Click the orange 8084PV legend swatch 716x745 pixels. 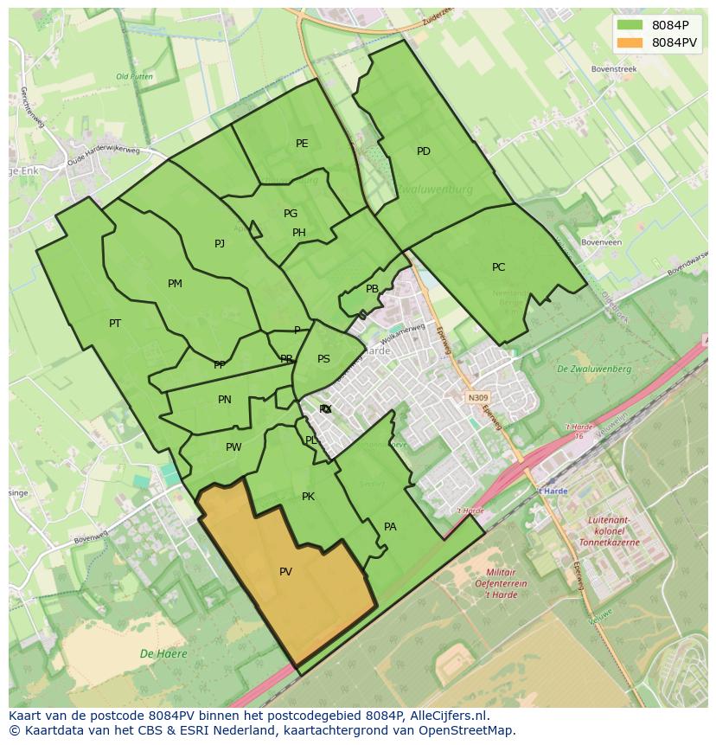click(631, 42)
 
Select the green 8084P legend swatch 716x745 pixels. click(631, 24)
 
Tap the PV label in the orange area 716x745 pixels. click(285, 572)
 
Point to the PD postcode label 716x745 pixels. click(424, 151)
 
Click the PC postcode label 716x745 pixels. click(498, 267)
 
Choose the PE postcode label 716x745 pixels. click(302, 144)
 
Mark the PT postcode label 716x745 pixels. click(115, 324)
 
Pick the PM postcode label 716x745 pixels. click(175, 284)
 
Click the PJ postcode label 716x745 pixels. click(220, 244)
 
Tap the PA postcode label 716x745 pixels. click(390, 527)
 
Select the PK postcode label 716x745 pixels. click(308, 497)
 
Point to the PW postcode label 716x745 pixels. click(233, 447)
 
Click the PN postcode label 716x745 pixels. click(225, 400)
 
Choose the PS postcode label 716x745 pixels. click(323, 359)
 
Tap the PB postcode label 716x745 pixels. click(372, 290)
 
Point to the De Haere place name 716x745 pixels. click(163, 654)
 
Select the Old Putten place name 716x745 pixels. click(134, 77)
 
